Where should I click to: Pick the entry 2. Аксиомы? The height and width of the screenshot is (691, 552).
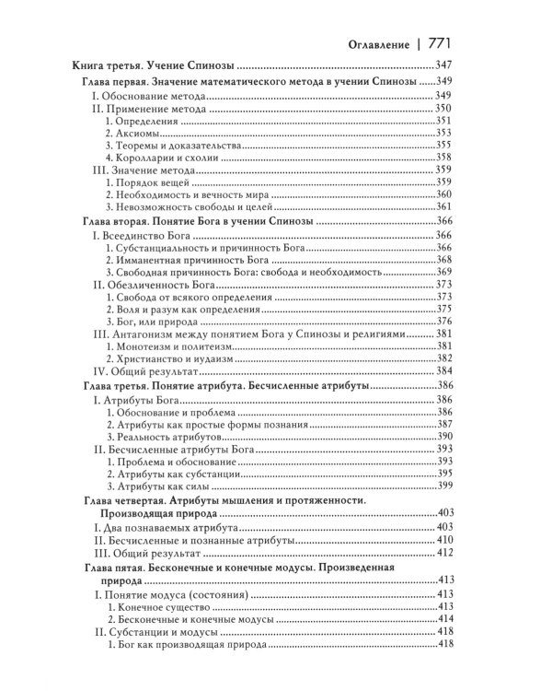[x=139, y=134]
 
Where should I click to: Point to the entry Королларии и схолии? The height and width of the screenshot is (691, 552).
[x=162, y=158]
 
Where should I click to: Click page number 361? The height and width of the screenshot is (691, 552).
[x=446, y=209]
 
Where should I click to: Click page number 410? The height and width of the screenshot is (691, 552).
[x=446, y=539]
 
